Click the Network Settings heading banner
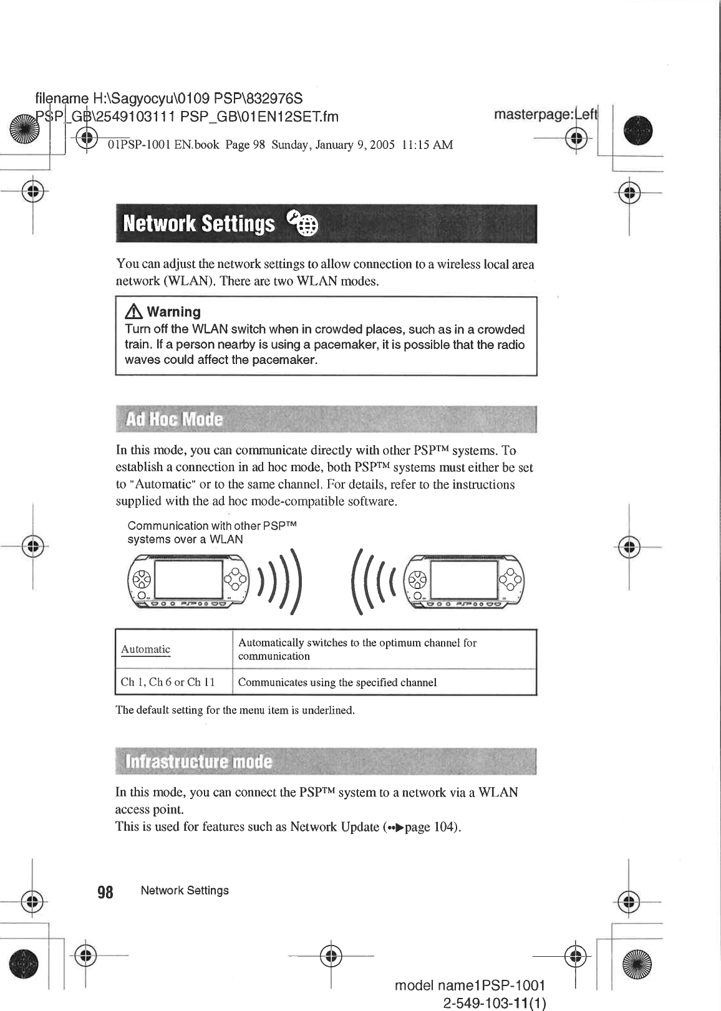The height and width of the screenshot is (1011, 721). point(325,224)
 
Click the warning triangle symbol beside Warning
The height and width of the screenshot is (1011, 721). point(133,312)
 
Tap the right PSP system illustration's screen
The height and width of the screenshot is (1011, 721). point(463,580)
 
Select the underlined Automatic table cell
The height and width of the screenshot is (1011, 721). point(145,649)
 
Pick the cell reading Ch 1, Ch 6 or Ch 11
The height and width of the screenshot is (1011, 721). point(168,682)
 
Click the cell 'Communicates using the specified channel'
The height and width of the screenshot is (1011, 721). point(337,683)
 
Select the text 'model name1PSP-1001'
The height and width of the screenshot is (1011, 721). point(470,985)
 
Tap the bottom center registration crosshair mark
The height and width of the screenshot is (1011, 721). point(331,955)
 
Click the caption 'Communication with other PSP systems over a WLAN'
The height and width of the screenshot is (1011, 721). point(212,532)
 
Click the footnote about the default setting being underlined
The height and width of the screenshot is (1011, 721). point(235,711)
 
